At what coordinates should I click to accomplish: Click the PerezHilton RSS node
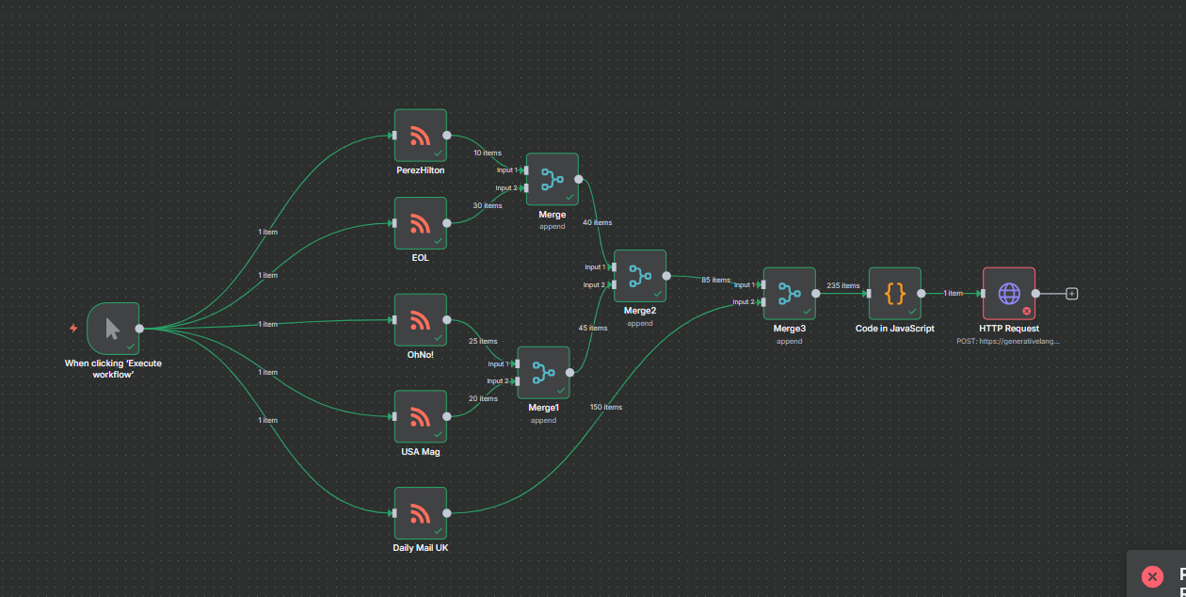420,135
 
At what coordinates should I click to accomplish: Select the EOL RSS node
420,223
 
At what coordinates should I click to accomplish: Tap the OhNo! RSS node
420,320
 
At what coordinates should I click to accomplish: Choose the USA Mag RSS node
420,417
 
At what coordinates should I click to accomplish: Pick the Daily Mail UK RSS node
420,513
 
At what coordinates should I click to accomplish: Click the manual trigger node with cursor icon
113,329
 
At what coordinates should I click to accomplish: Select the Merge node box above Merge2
552,179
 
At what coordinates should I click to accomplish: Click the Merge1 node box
543,373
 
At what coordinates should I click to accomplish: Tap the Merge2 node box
639,276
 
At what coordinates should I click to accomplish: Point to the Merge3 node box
789,293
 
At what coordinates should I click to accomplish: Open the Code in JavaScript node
894,293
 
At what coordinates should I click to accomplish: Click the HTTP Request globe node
1009,293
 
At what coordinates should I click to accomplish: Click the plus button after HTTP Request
1071,293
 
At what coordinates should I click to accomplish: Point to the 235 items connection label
842,285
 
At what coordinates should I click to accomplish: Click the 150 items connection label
605,407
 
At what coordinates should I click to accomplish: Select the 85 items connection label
715,280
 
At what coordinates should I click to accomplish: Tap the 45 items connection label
592,328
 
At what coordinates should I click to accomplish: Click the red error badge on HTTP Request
1027,310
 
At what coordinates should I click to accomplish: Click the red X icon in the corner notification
1152,576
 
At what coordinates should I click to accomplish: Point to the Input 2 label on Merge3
743,302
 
